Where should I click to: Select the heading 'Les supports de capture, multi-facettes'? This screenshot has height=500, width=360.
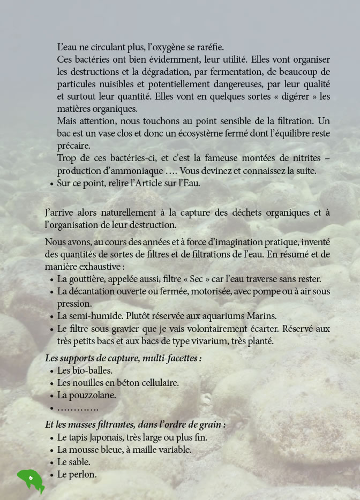(123, 358)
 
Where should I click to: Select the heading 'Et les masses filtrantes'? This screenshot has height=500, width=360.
(135, 425)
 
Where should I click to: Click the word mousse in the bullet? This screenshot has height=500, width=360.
(95, 450)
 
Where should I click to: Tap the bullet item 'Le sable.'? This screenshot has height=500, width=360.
(73, 463)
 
